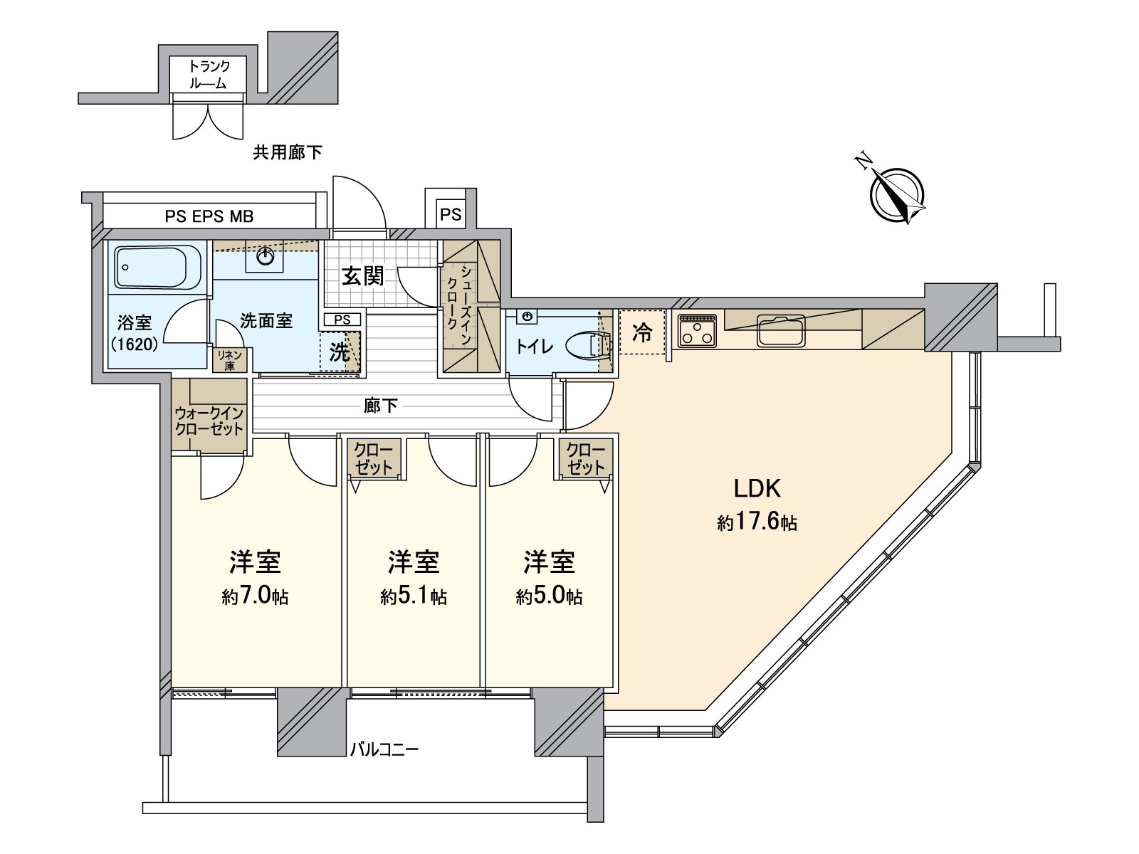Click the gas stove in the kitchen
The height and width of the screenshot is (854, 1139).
click(x=697, y=331)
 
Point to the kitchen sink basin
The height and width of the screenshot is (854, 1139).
click(x=781, y=330)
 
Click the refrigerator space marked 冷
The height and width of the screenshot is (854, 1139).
click(x=642, y=332)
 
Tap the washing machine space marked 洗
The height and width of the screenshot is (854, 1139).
click(x=340, y=352)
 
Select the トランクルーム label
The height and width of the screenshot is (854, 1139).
click(x=209, y=74)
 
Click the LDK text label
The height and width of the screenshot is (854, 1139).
click(x=757, y=489)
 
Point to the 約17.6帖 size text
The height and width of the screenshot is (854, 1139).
click(x=757, y=524)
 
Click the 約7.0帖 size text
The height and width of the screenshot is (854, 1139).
click(x=255, y=596)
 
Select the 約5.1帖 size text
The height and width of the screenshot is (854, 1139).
click(x=413, y=596)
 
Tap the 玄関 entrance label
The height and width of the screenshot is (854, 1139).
click(x=363, y=276)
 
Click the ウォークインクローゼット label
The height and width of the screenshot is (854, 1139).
click(x=209, y=421)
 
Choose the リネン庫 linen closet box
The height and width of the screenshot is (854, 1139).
click(x=229, y=361)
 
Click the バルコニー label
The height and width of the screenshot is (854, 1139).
click(x=384, y=749)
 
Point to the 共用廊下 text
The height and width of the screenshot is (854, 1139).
click(x=288, y=152)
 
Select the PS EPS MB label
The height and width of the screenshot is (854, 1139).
click(x=209, y=216)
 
